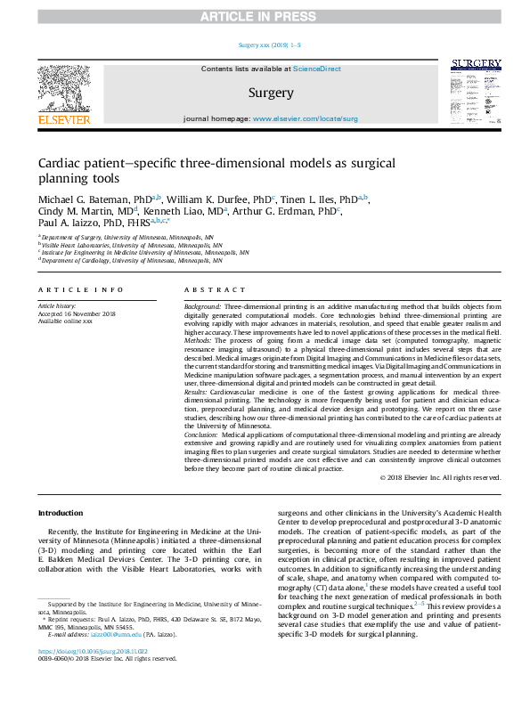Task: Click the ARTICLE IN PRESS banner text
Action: [x=265, y=17]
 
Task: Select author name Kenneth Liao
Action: [x=175, y=211]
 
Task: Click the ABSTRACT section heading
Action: [x=215, y=290]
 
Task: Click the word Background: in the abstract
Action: [x=204, y=305]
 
